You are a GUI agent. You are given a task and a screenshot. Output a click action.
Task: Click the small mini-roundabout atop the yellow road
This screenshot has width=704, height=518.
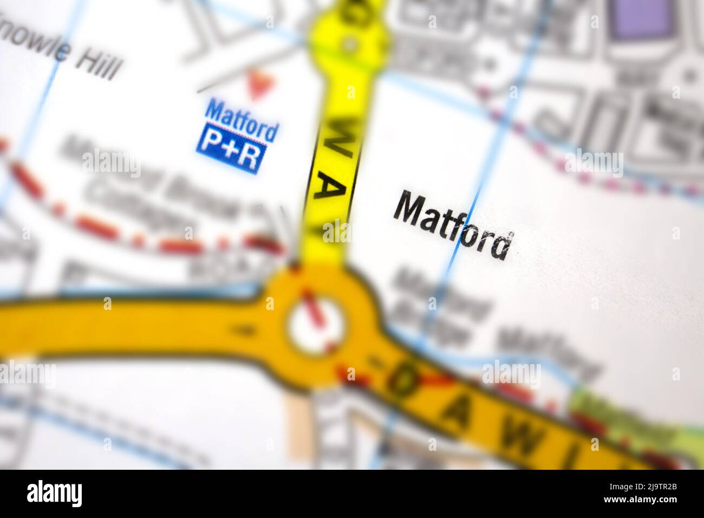click(x=350, y=42)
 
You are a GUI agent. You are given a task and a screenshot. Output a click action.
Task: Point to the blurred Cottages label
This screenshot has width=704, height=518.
click(x=141, y=206)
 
